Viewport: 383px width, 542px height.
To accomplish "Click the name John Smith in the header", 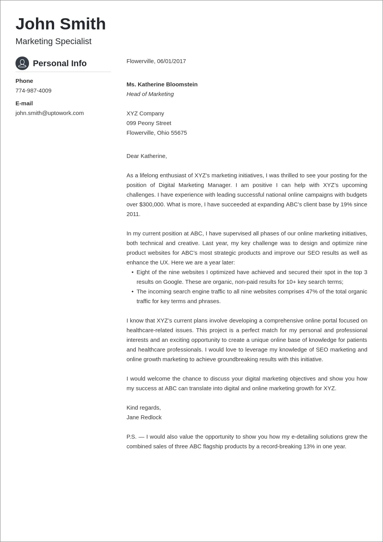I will coord(60,24).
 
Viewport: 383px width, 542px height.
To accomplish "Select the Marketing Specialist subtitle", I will coord(53,41).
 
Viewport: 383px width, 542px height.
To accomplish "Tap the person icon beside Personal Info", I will coord(22,63).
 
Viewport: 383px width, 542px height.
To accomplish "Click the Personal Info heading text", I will coord(60,63).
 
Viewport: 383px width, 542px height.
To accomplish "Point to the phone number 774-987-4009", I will coord(33,91).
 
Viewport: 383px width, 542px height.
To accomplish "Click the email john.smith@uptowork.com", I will coord(50,113).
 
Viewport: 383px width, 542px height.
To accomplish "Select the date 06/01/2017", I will coord(171,61).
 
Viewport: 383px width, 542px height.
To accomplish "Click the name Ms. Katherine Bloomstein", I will coord(162,84).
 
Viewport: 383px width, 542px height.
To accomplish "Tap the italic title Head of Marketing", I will coord(150,94).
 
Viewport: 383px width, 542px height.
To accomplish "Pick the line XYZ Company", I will coord(145,113).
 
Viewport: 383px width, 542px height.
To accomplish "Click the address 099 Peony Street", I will coord(149,123).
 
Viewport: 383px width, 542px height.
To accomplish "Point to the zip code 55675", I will coord(179,133).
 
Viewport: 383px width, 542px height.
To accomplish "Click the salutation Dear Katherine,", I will coord(147,156).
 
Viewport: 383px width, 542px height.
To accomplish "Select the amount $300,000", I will coord(152,204).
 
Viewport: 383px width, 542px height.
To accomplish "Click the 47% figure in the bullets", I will coord(311,292).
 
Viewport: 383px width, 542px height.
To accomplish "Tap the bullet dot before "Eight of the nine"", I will coord(132,273).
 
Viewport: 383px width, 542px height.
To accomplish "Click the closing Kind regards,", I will coord(144,408).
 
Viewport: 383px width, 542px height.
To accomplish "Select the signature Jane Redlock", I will coord(144,417).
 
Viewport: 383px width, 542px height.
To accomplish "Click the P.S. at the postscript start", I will coord(132,437).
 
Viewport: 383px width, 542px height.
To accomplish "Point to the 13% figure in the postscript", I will coord(309,446).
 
